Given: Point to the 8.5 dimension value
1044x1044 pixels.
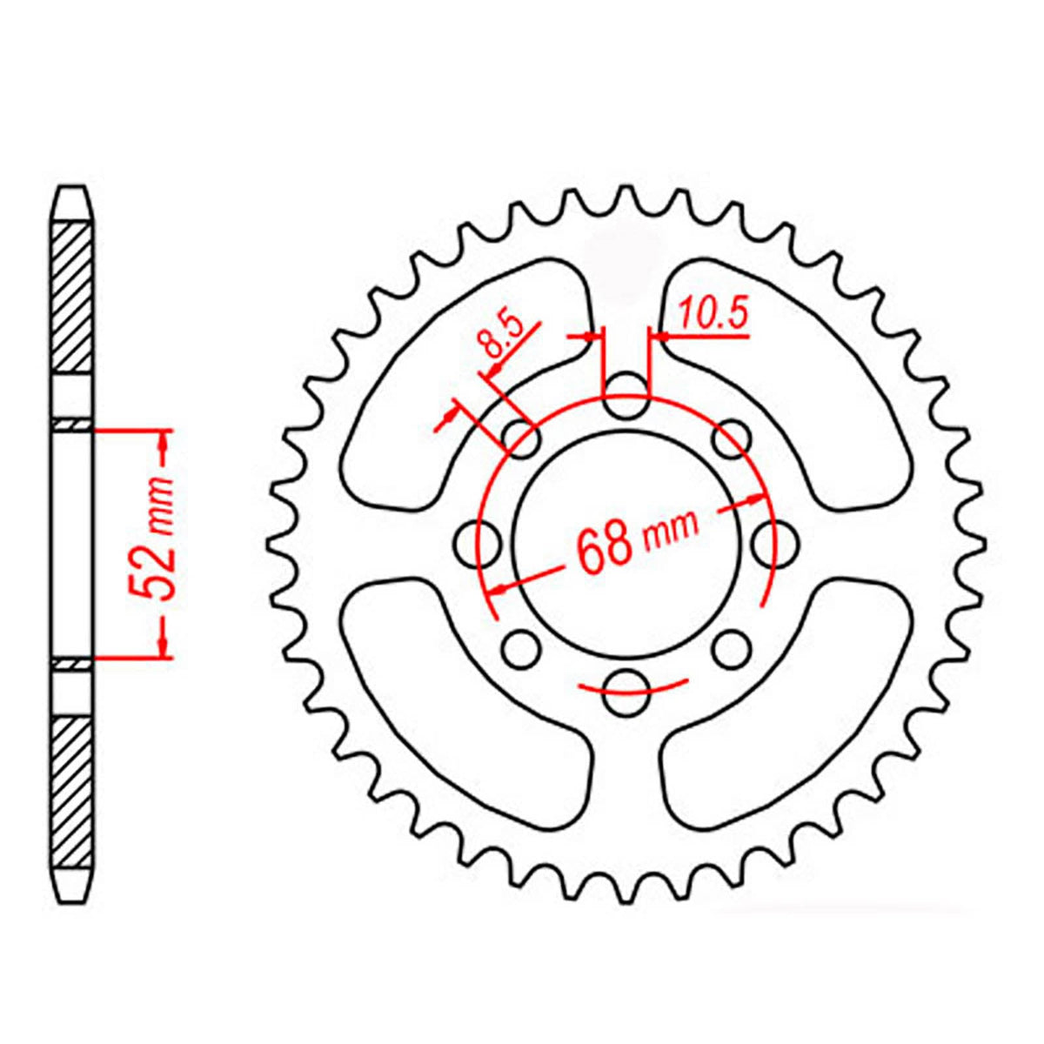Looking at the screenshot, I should click(x=505, y=338).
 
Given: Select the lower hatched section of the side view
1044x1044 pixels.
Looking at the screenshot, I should click(x=72, y=783).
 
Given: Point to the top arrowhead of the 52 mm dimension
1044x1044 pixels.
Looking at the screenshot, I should click(x=163, y=443).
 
